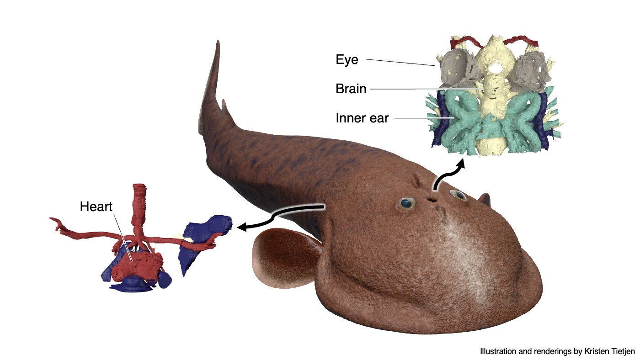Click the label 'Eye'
click(x=347, y=60)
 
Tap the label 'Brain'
click(x=351, y=89)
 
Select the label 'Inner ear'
click(x=362, y=118)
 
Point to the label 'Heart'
click(x=96, y=206)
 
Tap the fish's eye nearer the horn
click(x=458, y=195)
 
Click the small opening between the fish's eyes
click(x=432, y=200)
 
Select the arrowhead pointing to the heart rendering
click(x=242, y=227)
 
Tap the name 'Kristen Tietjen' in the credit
click(x=609, y=351)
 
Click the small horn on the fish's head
click(x=485, y=199)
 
